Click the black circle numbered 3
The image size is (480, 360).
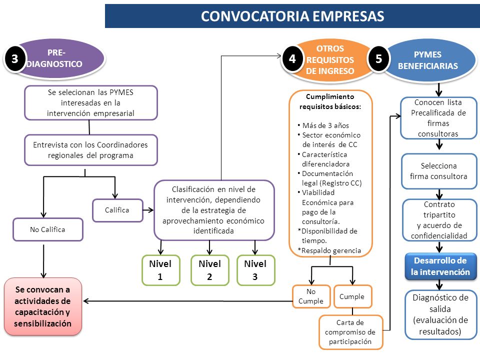(14, 58)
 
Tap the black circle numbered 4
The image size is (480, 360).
(292, 58)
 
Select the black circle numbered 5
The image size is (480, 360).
(378, 58)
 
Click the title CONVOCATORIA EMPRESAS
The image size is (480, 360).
(292, 16)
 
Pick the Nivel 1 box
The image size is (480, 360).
(160, 270)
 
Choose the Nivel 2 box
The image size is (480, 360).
(209, 270)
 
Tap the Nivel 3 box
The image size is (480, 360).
(255, 270)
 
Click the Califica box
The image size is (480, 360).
(117, 210)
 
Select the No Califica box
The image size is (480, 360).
(48, 229)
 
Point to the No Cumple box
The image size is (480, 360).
(311, 296)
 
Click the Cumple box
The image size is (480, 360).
(352, 296)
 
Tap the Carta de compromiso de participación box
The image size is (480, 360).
(351, 332)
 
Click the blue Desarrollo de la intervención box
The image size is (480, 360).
(440, 266)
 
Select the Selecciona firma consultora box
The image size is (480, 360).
(439, 171)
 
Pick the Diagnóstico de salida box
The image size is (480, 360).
(440, 314)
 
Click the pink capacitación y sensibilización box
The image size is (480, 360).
(43, 306)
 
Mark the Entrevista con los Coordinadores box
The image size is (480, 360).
(91, 150)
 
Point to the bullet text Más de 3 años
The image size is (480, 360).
(325, 125)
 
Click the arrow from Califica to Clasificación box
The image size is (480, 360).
(148, 210)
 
